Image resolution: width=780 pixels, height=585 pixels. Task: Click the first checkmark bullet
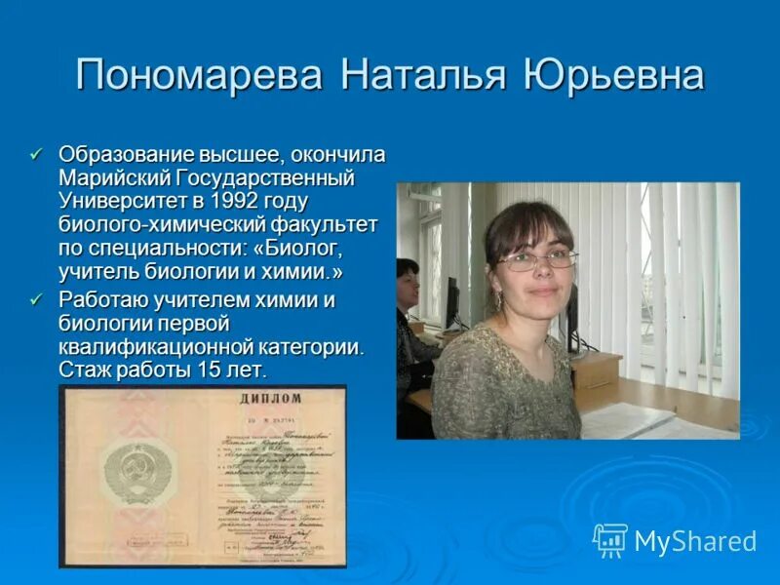point(37,154)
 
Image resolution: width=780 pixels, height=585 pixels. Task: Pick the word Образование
point(127,154)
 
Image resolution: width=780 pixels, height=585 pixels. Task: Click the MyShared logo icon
point(610,539)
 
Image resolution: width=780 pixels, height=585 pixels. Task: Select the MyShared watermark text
point(694,540)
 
